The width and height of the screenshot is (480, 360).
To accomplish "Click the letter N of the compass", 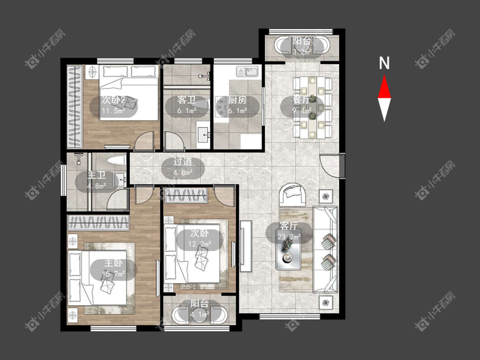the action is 384,63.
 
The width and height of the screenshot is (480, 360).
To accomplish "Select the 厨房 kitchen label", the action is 237,100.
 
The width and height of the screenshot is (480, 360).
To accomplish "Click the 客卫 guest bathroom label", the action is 186,100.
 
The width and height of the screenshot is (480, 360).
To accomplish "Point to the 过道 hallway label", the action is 183,162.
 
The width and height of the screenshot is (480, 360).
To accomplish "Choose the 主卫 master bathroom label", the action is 96,175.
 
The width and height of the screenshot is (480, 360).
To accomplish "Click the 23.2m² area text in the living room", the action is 289,237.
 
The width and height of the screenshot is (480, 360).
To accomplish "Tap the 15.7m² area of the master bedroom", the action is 113,273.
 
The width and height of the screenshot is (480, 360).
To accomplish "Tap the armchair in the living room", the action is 292,194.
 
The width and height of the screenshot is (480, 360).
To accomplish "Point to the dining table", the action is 312,107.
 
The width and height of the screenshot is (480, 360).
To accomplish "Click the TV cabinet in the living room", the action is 246,246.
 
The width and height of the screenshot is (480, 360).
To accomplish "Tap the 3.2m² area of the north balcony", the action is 302,52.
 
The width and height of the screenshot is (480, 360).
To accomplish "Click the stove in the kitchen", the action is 220,106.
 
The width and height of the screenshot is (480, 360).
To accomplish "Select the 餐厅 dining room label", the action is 302,100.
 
